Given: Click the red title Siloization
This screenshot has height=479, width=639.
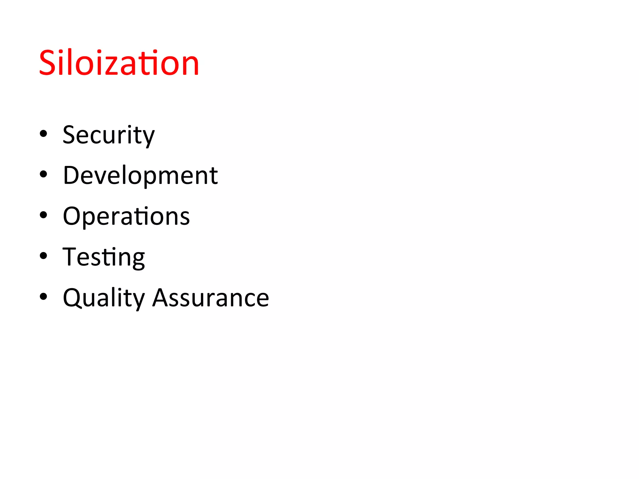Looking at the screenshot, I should coord(119,63).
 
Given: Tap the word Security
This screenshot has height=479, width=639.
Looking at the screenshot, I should coord(109,135).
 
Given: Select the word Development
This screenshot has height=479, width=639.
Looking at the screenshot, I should coord(140,176).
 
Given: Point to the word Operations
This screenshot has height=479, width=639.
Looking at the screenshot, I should coord(126,216).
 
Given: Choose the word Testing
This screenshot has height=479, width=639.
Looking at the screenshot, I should coord(104,257).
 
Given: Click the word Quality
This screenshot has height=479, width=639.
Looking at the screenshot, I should coord(104,298).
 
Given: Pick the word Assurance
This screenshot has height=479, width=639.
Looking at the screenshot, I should coord(211,298).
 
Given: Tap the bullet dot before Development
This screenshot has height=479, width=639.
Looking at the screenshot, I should coord(43,175).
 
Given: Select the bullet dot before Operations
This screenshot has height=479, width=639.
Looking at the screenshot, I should coord(43,215).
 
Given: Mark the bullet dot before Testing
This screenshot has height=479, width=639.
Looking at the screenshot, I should coord(43,256).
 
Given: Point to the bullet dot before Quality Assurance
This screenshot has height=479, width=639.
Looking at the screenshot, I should coord(43,297).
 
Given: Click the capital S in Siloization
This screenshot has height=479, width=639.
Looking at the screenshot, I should coord(47,63).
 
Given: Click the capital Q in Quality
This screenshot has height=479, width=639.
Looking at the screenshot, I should coord(72,298).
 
